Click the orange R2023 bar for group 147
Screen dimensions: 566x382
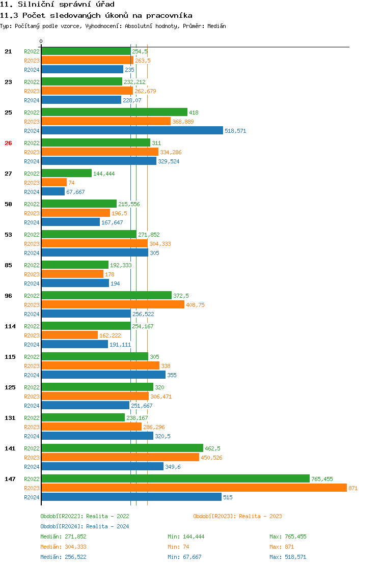(194, 488)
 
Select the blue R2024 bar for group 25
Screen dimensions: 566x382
(132, 130)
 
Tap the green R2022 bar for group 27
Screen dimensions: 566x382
(66, 173)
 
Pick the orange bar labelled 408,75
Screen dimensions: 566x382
(113, 304)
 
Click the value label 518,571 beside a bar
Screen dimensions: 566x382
(235, 131)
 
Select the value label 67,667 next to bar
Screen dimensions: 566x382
(75, 192)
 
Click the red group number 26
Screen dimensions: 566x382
(8, 143)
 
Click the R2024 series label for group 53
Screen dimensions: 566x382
(32, 253)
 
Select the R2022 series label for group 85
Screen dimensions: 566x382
(32, 265)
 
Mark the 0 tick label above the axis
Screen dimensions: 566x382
(41, 41)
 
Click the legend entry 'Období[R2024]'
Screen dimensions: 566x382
(62, 526)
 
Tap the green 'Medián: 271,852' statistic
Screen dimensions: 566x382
(63, 536)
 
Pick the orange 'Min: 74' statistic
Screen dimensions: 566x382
(179, 547)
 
